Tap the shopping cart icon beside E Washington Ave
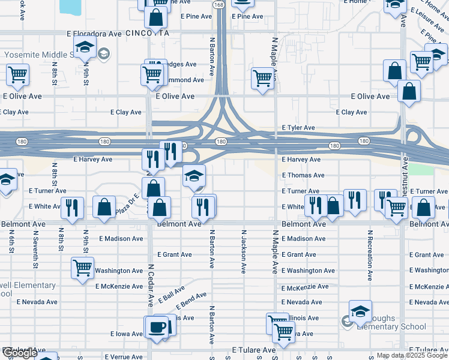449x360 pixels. pyautogui.click(x=83, y=268)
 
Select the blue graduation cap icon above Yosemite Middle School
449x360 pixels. pyautogui.click(x=85, y=46)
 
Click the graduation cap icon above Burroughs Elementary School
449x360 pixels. pyautogui.click(x=360, y=311)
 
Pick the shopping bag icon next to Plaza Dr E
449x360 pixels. pyautogui.click(x=104, y=206)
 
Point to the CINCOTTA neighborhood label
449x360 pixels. pyautogui.click(x=148, y=33)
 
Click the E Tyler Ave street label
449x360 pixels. pyautogui.click(x=298, y=128)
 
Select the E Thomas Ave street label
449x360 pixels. pyautogui.click(x=303, y=175)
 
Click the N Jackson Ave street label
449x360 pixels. pyautogui.click(x=244, y=252)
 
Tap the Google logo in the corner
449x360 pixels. pyautogui.click(x=19, y=353)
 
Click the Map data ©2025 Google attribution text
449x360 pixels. pyautogui.click(x=412, y=356)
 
